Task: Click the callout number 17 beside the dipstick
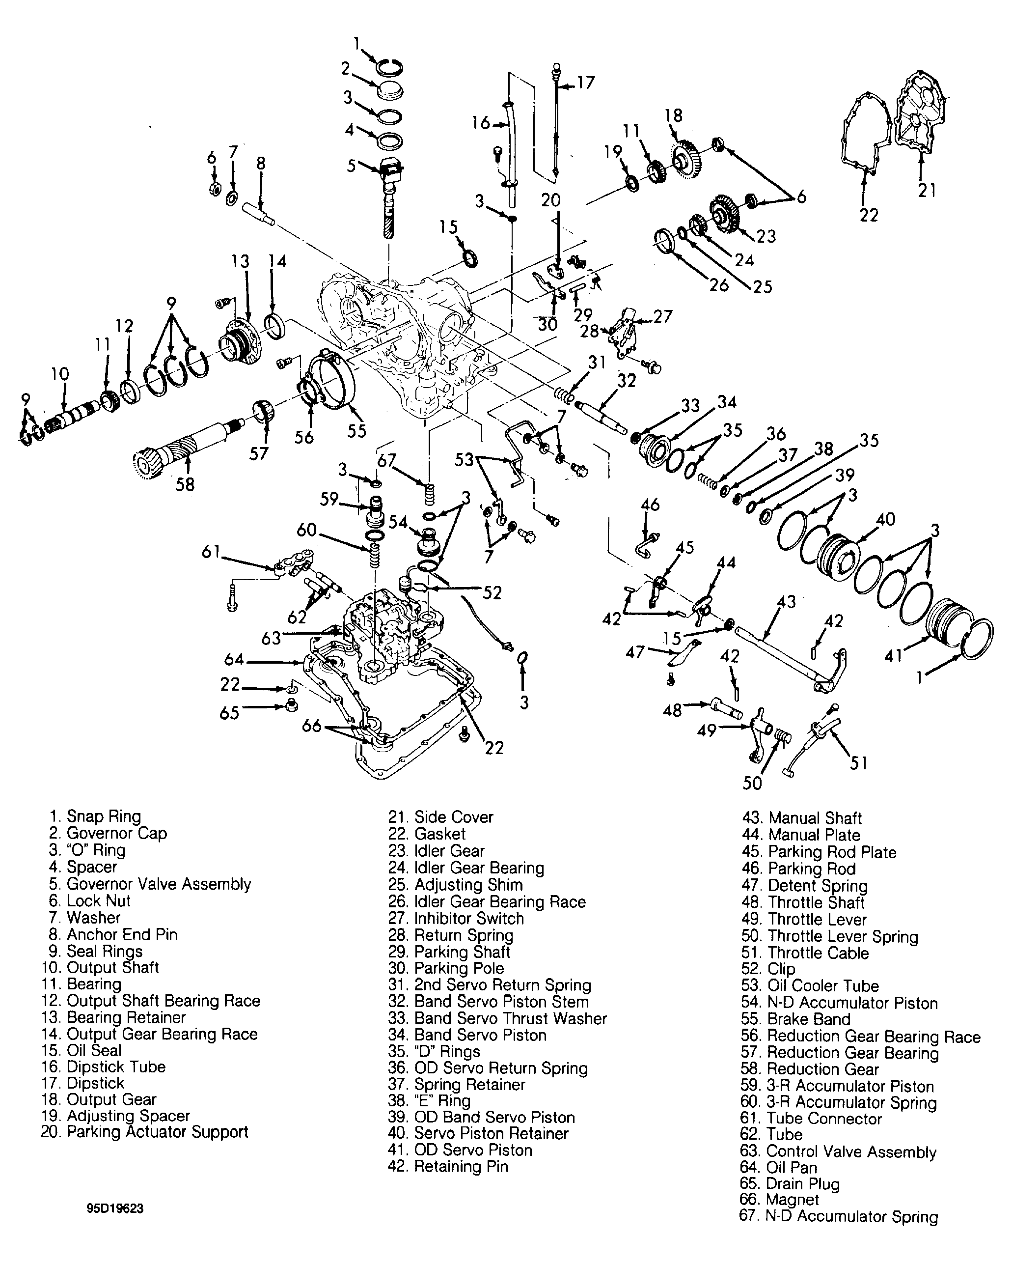(586, 82)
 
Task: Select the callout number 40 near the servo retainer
(885, 519)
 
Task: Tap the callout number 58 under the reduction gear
(186, 484)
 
